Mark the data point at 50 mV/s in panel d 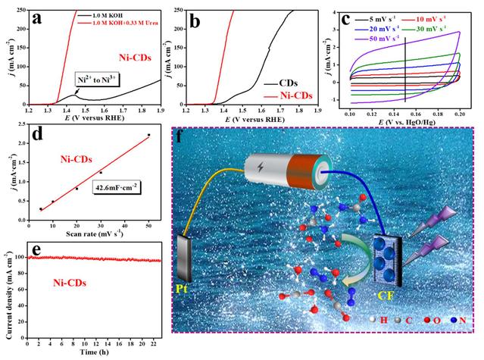tap(148, 136)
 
